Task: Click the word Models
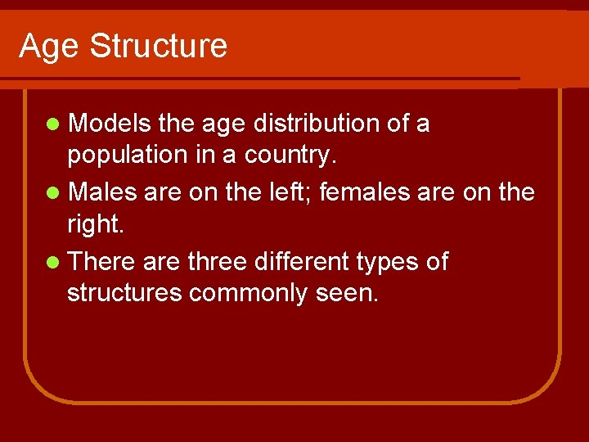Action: (110, 124)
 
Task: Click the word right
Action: (93, 223)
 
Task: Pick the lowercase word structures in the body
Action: (124, 293)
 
